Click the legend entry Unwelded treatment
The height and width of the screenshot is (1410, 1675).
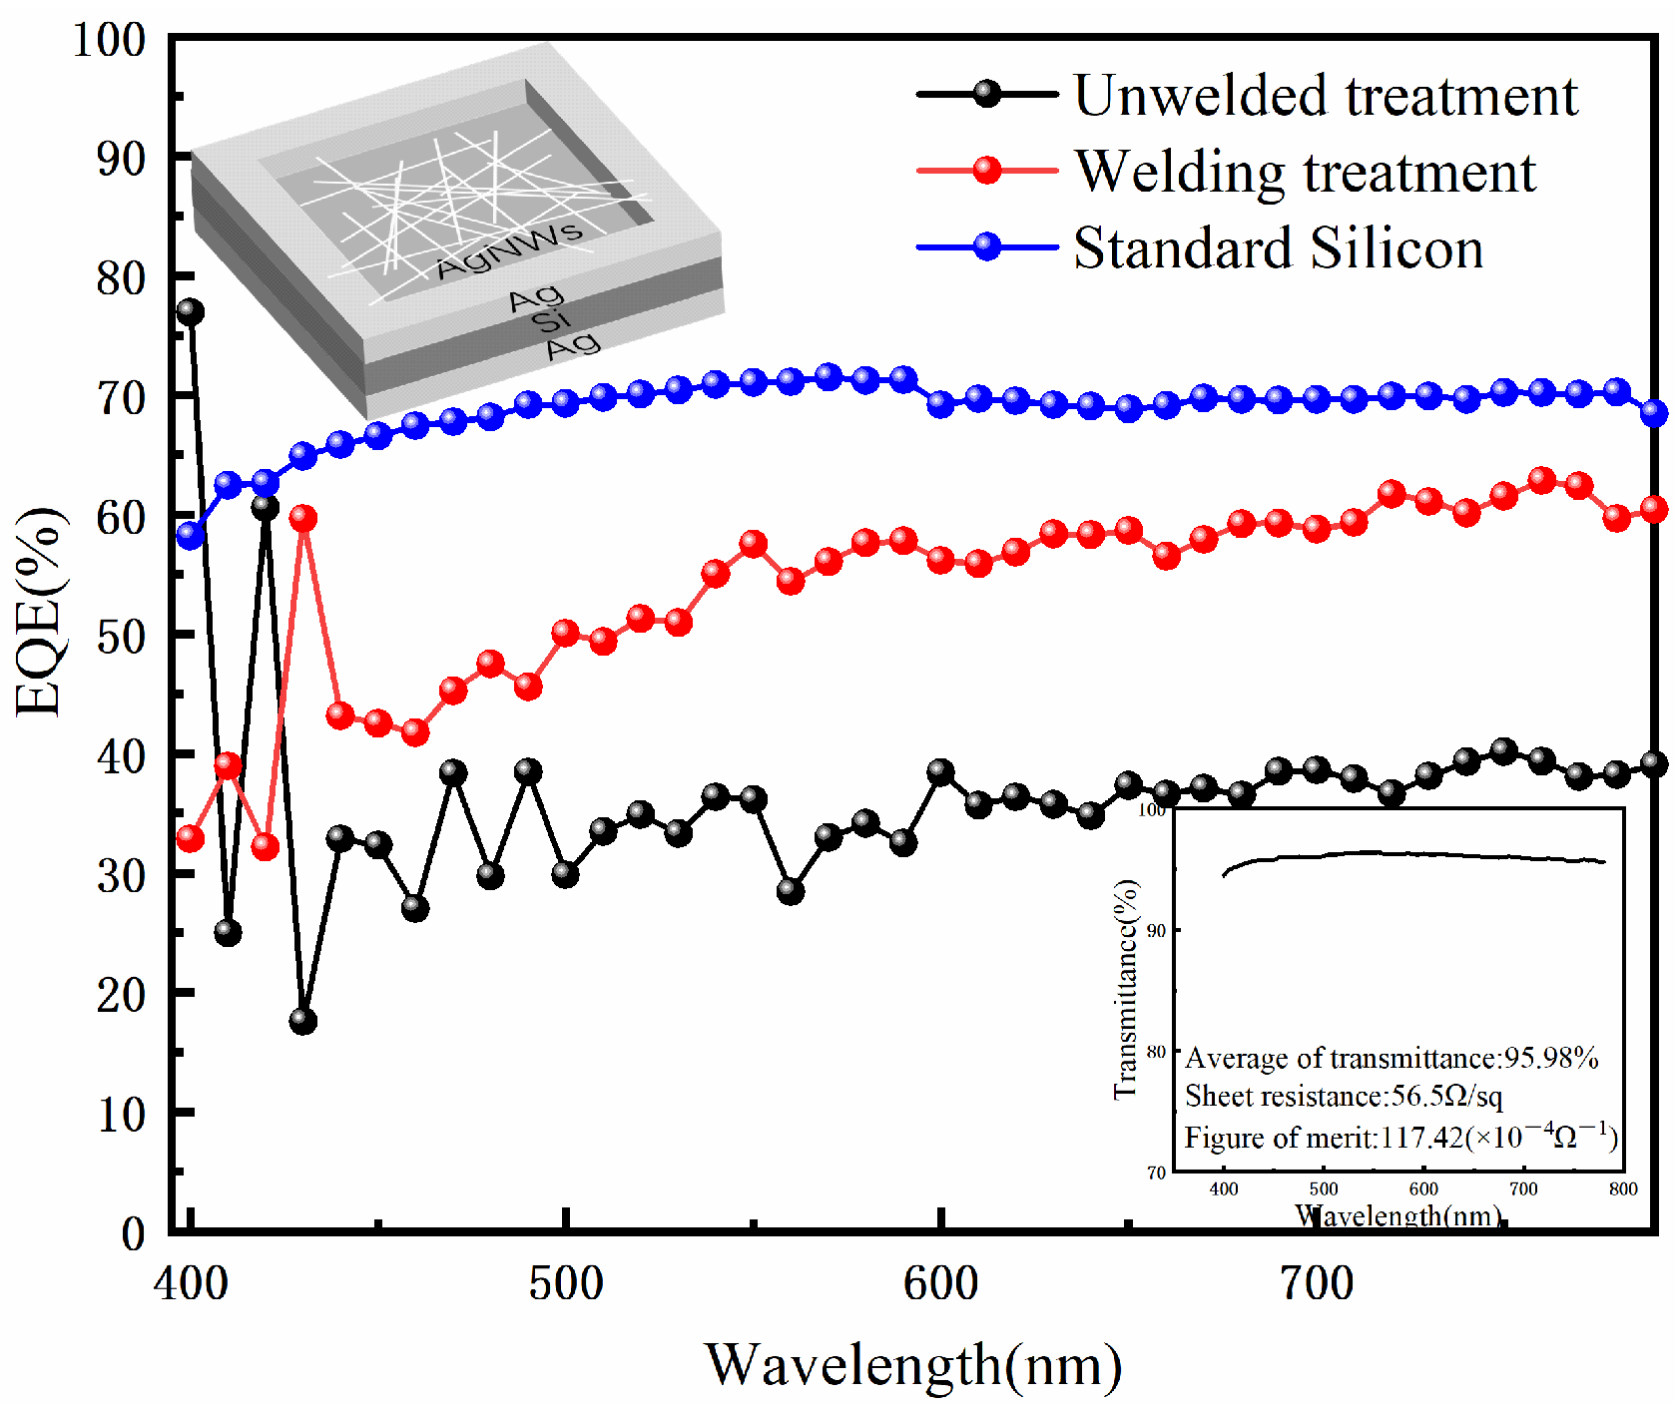(1325, 96)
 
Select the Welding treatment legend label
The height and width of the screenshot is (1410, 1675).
(1305, 172)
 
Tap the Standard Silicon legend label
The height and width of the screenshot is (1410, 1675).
(1278, 247)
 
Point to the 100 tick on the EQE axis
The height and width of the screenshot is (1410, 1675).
(109, 40)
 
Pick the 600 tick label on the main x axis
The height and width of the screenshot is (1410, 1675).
(940, 1283)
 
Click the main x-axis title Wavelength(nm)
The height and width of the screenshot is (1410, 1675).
(913, 1364)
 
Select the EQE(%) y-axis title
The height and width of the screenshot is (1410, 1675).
(40, 612)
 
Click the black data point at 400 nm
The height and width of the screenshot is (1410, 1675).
(190, 311)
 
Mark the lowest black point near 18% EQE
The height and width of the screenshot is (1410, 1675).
(302, 1021)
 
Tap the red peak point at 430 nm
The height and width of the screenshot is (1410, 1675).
(302, 518)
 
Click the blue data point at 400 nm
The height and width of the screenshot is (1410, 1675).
(190, 535)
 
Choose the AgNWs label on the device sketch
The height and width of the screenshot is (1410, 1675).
(509, 249)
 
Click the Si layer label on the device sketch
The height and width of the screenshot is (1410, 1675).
(550, 320)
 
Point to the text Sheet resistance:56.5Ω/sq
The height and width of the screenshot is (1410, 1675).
(1343, 1097)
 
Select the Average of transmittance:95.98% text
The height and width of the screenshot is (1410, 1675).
(1391, 1058)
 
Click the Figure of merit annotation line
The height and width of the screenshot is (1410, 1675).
(1399, 1137)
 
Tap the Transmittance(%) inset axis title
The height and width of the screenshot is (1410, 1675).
(1126, 988)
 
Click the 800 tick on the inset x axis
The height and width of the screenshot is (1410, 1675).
(1623, 1188)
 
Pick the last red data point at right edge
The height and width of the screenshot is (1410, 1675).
(1654, 509)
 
